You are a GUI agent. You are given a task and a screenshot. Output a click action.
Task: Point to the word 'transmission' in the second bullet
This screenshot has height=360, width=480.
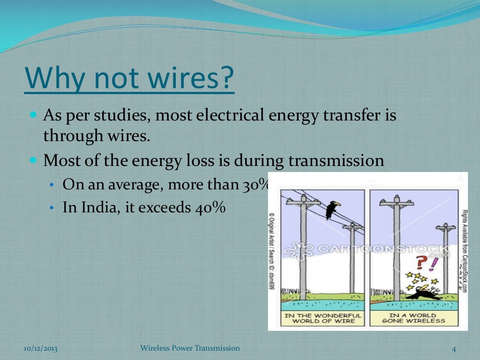tap(336, 161)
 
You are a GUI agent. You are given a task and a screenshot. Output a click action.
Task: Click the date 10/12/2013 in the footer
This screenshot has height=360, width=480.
tap(40, 349)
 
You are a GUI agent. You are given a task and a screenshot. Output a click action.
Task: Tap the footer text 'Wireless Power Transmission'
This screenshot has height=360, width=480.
tap(190, 348)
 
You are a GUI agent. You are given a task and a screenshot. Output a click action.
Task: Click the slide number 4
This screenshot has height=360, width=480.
tap(453, 349)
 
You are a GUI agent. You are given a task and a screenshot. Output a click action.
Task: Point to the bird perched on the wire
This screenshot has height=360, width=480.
tap(333, 209)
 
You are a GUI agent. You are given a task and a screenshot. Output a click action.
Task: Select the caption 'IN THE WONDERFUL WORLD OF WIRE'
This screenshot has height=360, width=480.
tap(323, 318)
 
